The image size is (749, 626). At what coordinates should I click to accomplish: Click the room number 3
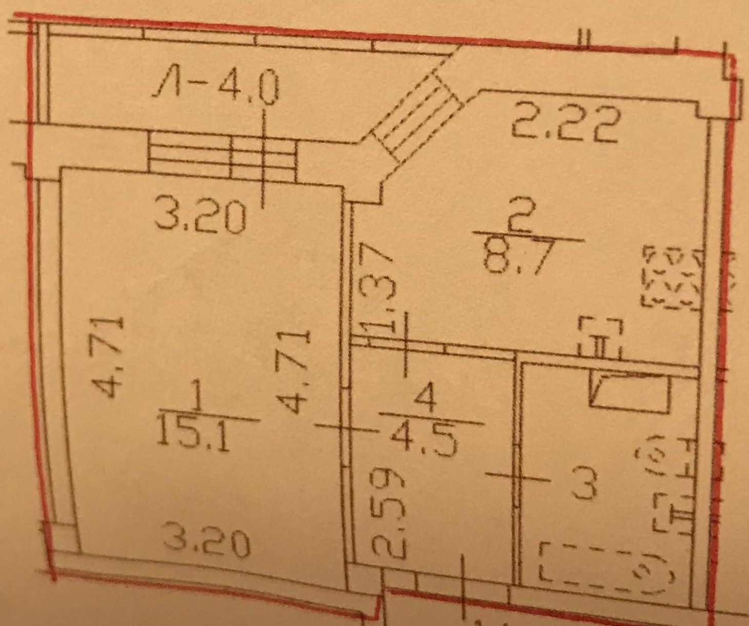tap(585, 486)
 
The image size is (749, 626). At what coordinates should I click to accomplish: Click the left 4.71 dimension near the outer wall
tap(112, 357)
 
